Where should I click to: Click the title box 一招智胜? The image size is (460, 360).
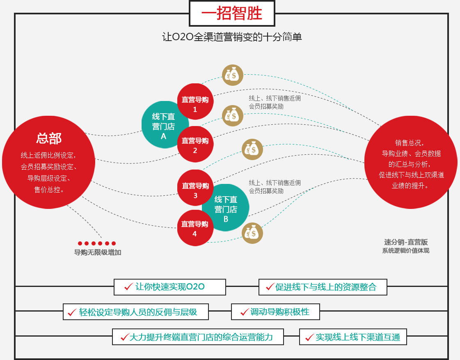(232, 14)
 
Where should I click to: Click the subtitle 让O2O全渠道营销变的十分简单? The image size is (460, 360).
(232, 37)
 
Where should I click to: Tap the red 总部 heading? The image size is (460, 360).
(49, 138)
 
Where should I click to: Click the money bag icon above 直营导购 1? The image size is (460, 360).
(233, 76)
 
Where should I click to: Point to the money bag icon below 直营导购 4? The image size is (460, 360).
(252, 233)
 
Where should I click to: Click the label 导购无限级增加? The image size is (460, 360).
(98, 252)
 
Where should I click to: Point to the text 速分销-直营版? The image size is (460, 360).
(406, 242)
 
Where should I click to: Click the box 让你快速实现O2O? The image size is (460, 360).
(170, 287)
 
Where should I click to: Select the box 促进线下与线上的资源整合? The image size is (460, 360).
(323, 287)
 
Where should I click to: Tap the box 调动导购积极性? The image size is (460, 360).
(275, 312)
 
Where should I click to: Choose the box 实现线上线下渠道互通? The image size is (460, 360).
(353, 337)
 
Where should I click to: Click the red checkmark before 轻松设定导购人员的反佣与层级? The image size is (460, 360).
(72, 312)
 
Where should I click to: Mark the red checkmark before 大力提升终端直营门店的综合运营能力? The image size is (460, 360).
(124, 337)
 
